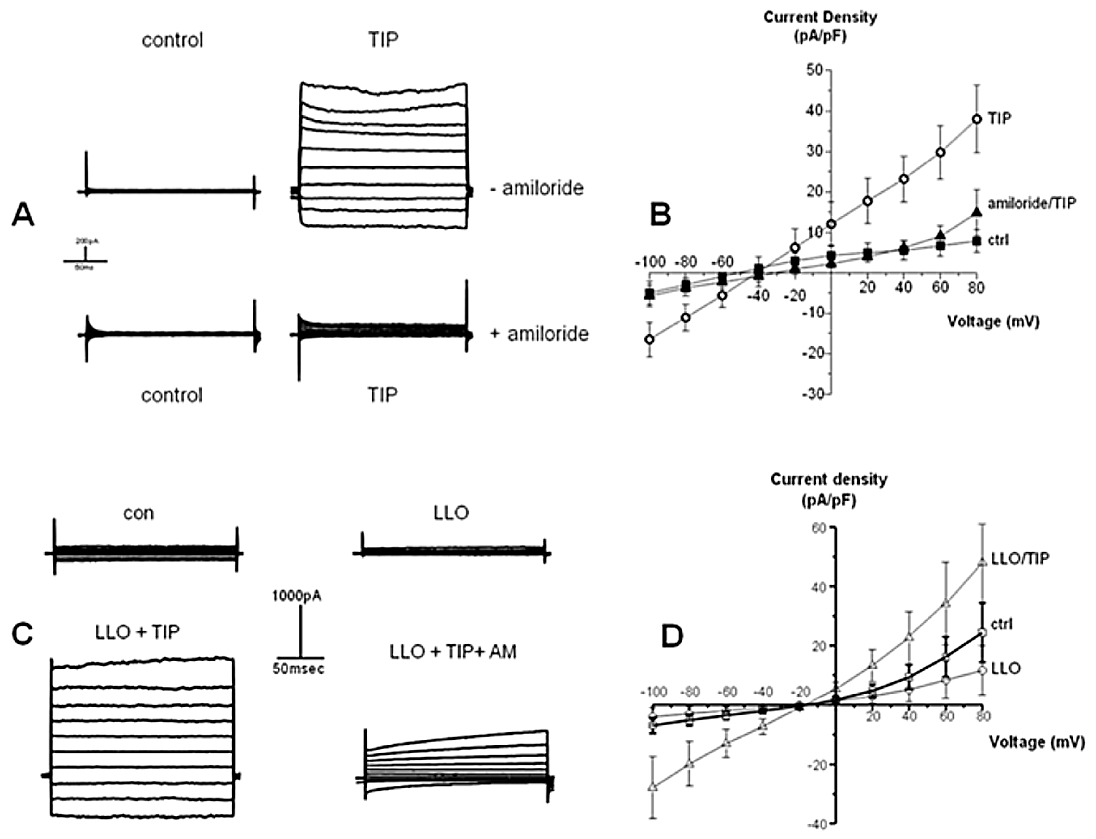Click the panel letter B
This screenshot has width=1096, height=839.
click(x=660, y=215)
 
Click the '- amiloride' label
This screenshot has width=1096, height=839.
click(x=536, y=188)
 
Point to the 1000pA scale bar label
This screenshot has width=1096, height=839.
click(x=297, y=595)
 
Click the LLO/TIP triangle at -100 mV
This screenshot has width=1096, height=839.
click(x=652, y=787)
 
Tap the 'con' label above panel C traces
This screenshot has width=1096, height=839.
click(x=138, y=513)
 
